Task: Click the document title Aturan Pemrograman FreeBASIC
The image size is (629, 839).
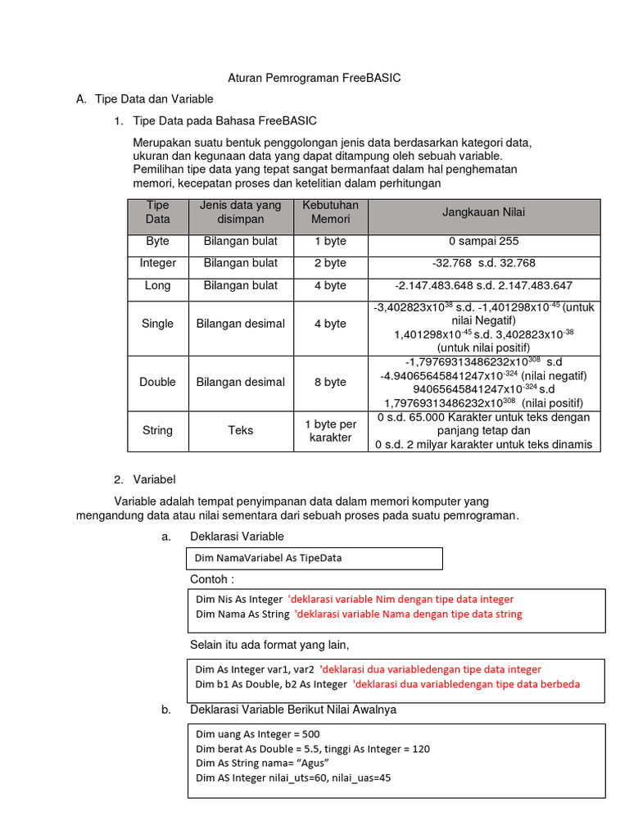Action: pos(314,78)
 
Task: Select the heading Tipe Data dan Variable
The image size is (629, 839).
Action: pos(154,99)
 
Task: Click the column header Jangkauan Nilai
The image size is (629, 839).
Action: pos(484,212)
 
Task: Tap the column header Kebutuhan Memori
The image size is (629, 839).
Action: pos(330,212)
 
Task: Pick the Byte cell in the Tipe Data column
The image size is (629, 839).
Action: pos(157,242)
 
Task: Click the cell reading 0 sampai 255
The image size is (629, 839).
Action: pos(483,242)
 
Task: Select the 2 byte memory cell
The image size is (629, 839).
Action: pos(330,263)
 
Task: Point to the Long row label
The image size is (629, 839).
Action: pos(157,286)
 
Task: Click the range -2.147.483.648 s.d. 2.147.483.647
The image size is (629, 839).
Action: pos(483,286)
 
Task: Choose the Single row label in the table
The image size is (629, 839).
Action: pos(157,324)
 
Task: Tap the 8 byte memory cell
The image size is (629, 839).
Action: pos(330,382)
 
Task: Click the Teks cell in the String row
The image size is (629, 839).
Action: pos(240,430)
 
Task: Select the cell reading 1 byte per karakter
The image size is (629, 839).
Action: pos(330,431)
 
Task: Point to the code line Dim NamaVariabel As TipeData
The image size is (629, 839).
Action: pos(268,558)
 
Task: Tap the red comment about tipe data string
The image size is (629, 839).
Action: pos(408,614)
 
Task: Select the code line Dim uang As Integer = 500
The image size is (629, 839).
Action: pos(258,735)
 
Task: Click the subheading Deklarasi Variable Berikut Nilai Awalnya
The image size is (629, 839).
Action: pos(292,710)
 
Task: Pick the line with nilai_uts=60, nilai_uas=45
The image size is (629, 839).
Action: pos(292,778)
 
